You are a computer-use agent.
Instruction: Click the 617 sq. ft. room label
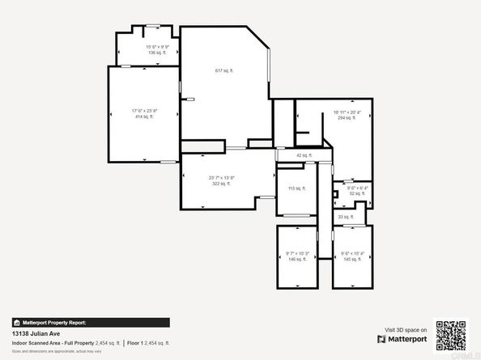[223, 71]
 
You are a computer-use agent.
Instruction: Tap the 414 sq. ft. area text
[143, 116]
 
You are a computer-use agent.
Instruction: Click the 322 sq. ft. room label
[221, 184]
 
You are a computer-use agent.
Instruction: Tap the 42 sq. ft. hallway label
[304, 155]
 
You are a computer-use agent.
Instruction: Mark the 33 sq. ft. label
[346, 217]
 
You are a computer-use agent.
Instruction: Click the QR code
[451, 336]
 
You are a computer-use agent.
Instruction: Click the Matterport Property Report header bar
[91, 322]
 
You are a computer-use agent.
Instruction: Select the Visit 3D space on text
[406, 329]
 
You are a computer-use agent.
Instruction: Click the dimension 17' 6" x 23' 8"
[143, 111]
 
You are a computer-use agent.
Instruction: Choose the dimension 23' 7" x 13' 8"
[221, 178]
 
